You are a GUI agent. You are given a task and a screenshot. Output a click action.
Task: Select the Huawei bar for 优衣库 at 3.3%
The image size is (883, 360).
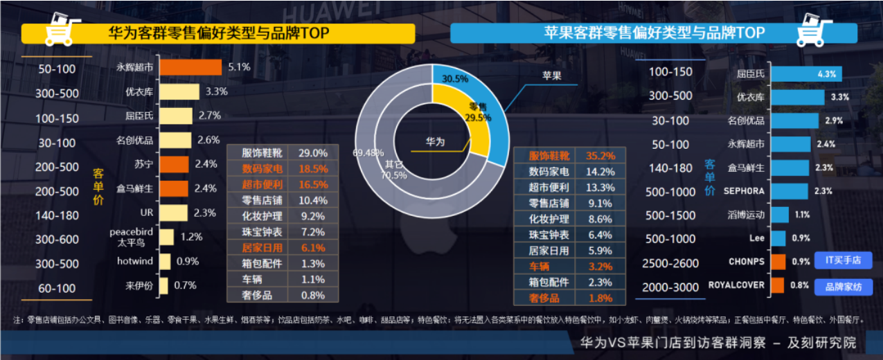point(179,91)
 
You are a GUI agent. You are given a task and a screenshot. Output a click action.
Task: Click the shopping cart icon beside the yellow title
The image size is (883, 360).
point(59,30)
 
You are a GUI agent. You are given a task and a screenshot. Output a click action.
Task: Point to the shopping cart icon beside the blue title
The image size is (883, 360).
point(814,30)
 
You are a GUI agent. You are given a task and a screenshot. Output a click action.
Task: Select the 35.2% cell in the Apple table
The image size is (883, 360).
point(600,156)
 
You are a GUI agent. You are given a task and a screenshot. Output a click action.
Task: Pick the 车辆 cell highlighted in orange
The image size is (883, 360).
point(544,267)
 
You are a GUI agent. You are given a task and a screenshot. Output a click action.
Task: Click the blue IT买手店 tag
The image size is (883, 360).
point(842,260)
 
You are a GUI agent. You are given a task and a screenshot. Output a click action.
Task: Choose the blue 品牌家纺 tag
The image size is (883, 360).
point(842,286)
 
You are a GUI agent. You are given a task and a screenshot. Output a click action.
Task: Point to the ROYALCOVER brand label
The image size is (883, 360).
point(736,285)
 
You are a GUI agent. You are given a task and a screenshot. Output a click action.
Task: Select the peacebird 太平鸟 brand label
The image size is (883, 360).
point(131,237)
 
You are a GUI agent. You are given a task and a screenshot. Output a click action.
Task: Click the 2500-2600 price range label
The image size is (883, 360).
point(671,263)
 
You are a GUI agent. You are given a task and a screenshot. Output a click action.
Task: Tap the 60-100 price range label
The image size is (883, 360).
point(57,288)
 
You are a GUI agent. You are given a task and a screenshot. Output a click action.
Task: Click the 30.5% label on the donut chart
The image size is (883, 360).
point(451,79)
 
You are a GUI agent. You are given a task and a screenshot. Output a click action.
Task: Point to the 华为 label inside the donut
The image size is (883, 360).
point(435,142)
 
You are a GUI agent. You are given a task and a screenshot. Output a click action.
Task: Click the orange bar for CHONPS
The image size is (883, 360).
point(778,262)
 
